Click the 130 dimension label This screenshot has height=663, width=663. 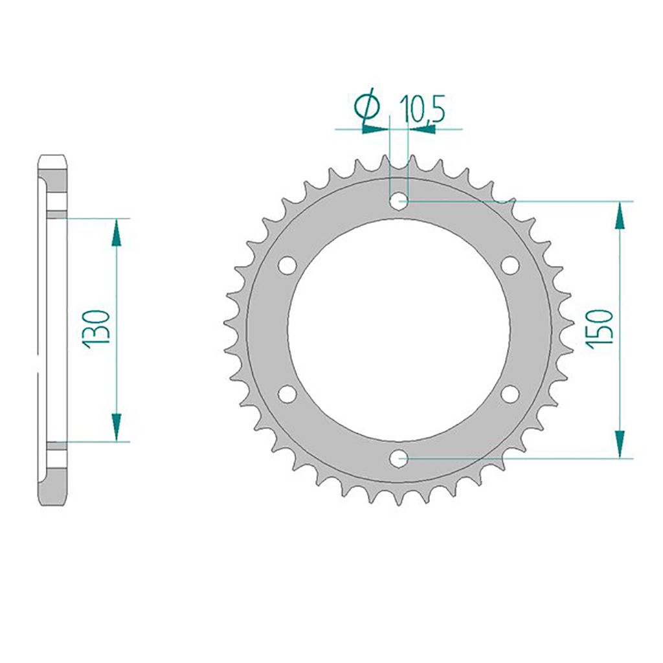click(96, 330)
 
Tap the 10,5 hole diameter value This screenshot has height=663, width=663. click(422, 109)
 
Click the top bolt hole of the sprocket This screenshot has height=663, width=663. click(398, 201)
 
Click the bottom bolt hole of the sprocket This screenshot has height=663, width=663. click(398, 458)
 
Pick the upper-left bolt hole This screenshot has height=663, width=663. click(287, 265)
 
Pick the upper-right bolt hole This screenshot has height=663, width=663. click(510, 265)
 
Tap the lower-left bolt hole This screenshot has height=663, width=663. click(287, 394)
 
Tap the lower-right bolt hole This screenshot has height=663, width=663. click(510, 394)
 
